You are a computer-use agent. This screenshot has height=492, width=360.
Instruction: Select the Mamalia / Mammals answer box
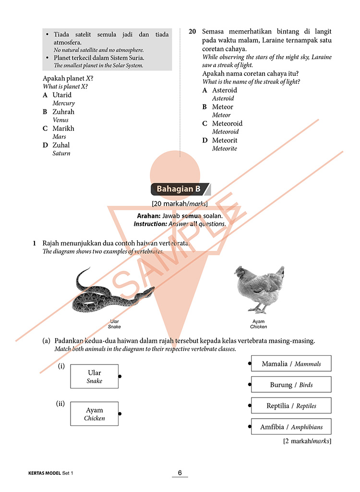pyautogui.click(x=291, y=363)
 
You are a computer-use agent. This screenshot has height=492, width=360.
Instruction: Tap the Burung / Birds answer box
pyautogui.click(x=291, y=385)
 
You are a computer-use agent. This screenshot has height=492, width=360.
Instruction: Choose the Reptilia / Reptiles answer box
pyautogui.click(x=291, y=406)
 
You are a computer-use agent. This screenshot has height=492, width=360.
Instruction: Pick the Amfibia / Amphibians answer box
pyautogui.click(x=291, y=427)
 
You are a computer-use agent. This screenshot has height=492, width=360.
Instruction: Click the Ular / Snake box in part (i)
pyautogui.click(x=94, y=376)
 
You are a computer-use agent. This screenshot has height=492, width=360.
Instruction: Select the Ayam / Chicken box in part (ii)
pyautogui.click(x=94, y=414)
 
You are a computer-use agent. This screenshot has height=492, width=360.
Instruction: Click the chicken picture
pyautogui.click(x=259, y=290)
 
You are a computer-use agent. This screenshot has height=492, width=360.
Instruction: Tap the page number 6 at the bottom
pyautogui.click(x=180, y=473)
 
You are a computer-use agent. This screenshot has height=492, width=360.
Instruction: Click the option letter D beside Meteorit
pyautogui.click(x=205, y=141)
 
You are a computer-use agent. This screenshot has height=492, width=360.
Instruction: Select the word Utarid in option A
pyautogui.click(x=62, y=95)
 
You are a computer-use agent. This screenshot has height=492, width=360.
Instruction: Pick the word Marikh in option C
pyautogui.click(x=63, y=129)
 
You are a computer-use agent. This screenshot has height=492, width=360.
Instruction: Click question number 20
pyautogui.click(x=192, y=32)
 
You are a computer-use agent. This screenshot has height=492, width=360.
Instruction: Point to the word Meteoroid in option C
pyautogui.click(x=227, y=124)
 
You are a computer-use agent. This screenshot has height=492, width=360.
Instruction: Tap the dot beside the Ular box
pyautogui.click(x=120, y=376)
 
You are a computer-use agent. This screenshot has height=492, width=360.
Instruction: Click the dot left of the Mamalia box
pyautogui.click(x=250, y=363)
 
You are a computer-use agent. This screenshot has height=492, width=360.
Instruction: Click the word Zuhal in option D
pyautogui.click(x=61, y=145)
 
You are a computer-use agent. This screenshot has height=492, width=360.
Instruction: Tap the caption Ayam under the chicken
pyautogui.click(x=258, y=321)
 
